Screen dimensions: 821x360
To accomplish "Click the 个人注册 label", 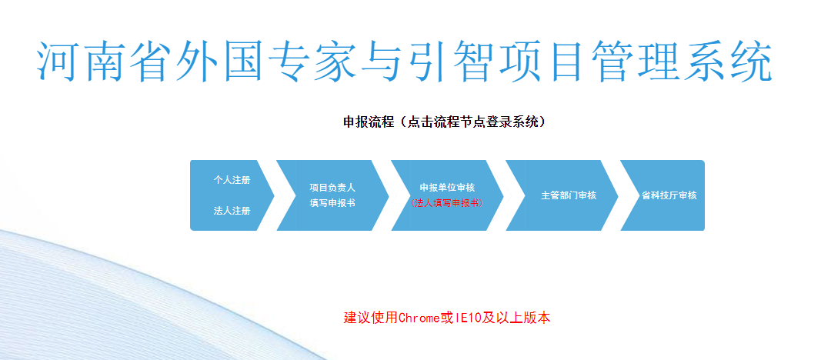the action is (x=232, y=181).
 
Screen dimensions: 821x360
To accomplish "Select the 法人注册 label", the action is (x=232, y=211).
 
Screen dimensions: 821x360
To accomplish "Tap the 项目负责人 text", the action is (x=332, y=188).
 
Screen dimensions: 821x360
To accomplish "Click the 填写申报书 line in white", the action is (x=332, y=203).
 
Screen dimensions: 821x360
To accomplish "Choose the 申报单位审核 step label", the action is (x=447, y=188).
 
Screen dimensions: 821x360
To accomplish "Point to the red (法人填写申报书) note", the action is (x=447, y=203).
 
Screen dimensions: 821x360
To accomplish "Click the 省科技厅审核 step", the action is (x=669, y=195).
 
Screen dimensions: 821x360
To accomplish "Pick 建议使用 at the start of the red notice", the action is (x=371, y=318).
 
